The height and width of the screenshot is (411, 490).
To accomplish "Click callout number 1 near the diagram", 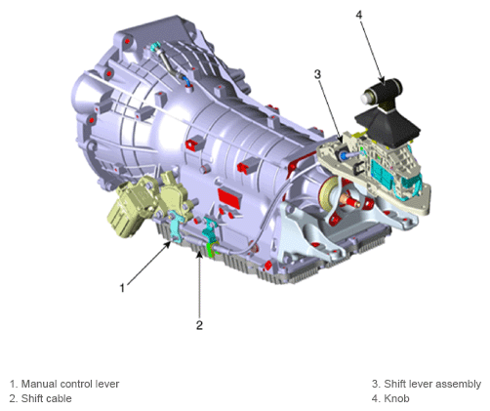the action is pos(122,288).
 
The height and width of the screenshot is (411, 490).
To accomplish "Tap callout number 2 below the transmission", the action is pos(199,325).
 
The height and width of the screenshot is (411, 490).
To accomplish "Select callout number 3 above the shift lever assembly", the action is pos(317,74).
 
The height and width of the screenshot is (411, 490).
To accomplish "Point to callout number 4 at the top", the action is pos(359,15).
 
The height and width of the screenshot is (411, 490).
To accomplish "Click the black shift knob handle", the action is pos(383,93).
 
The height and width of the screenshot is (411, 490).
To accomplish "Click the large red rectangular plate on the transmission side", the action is pos(229,198).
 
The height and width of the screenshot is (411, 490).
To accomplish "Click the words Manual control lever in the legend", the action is pos(70,384).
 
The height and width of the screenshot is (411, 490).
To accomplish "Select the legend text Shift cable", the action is pos(46,398).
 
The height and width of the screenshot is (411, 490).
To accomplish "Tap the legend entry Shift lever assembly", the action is pos(432,384).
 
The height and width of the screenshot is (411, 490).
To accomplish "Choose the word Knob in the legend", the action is pos(396,398).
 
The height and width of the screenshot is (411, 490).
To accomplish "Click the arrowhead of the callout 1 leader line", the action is pos(169,243).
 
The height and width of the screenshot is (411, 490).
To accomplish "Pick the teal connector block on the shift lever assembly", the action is pos(382,172).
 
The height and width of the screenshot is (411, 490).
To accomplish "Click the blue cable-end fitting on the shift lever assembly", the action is pos(343,156).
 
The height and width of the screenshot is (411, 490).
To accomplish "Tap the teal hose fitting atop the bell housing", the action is pos(155,47).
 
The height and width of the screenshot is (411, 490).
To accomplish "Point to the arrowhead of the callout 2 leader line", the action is pos(199,255).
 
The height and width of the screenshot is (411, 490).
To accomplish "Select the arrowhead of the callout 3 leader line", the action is pos(340,139).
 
